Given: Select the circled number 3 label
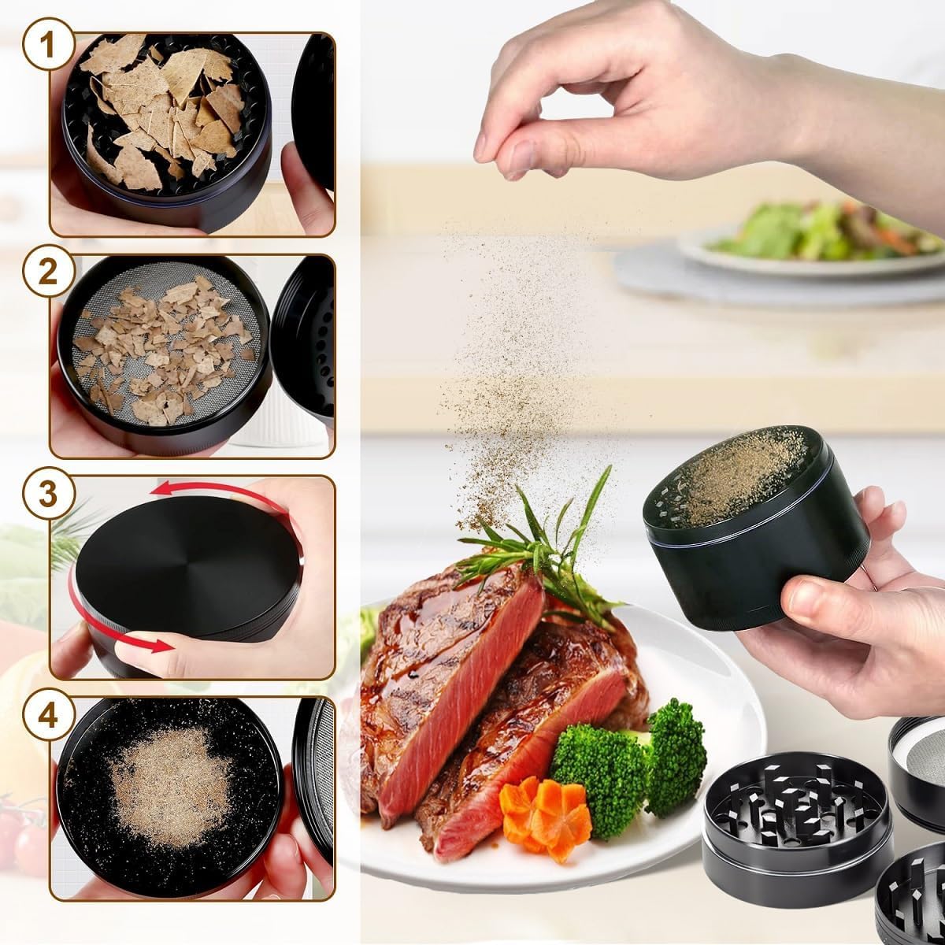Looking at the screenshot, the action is pyautogui.click(x=47, y=494).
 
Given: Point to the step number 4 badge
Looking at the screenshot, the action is pyautogui.click(x=47, y=717).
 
